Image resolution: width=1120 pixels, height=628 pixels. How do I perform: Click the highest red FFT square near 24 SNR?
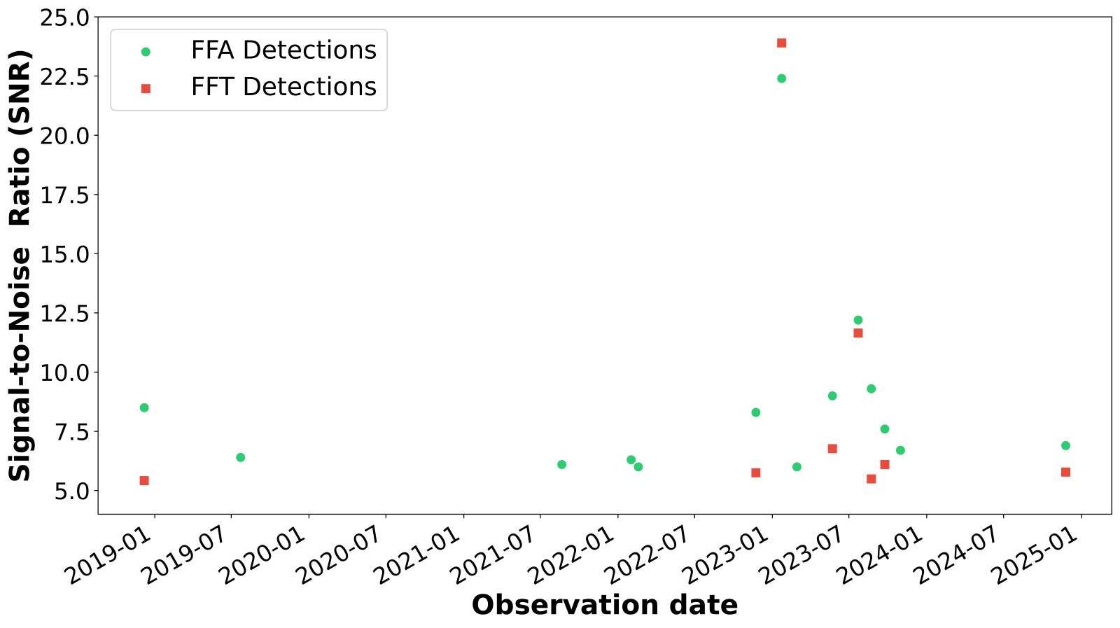tap(782, 43)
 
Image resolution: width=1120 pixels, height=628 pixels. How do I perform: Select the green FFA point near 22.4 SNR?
tap(782, 78)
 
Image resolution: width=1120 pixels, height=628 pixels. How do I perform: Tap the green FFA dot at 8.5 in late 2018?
tap(144, 407)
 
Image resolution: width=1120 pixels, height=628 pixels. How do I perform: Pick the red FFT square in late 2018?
tap(144, 480)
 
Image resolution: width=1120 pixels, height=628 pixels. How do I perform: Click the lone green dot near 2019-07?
tap(241, 457)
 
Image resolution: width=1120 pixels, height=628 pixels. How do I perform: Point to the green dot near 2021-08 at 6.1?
tap(561, 464)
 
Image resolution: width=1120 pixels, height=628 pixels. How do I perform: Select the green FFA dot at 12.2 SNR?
tap(858, 320)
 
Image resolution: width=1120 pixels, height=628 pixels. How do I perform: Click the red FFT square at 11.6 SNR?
tap(858, 333)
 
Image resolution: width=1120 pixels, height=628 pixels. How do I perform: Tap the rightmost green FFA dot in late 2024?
tap(1065, 445)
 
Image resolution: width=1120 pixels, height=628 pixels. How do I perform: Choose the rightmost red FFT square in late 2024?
tap(1065, 472)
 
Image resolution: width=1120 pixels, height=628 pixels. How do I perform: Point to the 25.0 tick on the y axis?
tap(66, 18)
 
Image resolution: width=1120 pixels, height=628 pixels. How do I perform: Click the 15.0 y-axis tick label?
tap(66, 254)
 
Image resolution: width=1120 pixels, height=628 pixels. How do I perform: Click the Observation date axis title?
tap(605, 605)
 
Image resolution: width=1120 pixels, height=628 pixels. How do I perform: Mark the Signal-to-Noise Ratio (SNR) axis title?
tap(21, 265)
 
